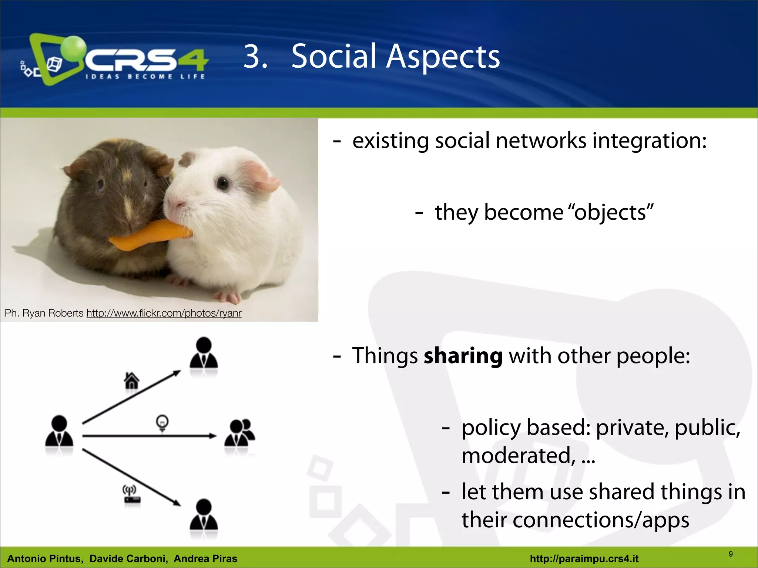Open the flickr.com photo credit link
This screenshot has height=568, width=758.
coord(164,313)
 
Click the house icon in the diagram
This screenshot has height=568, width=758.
coord(131,381)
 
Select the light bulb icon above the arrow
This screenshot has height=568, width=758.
coord(162,423)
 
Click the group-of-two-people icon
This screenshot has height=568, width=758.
coord(239,433)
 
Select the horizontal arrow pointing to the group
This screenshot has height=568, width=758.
coord(148,436)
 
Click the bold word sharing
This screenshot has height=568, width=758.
coord(463,356)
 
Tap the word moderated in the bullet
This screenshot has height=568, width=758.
coord(518,456)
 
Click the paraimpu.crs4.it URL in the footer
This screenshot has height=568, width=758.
coord(584,558)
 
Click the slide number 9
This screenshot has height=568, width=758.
coord(730,554)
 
